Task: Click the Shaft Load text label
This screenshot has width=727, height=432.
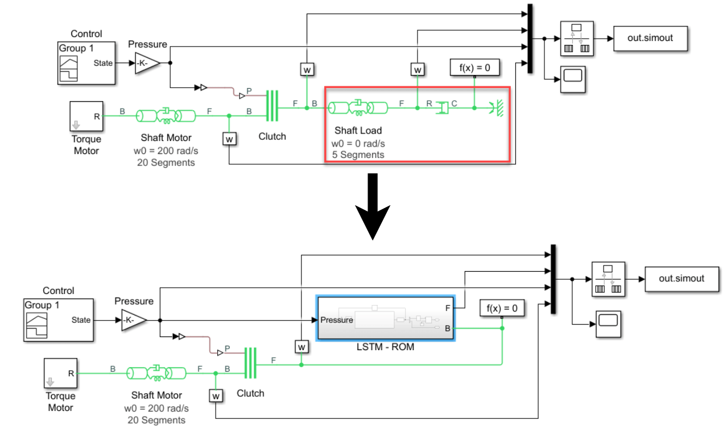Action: click(358, 131)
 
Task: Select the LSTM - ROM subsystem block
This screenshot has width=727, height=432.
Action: click(385, 318)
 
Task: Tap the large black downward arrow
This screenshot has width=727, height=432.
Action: click(373, 207)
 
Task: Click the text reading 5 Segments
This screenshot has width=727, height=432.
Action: click(358, 155)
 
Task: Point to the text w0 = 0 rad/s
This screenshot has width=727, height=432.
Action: click(358, 143)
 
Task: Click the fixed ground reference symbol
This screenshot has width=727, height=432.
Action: click(497, 107)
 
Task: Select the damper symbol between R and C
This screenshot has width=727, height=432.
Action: click(442, 107)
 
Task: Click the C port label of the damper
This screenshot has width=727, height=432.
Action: click(454, 103)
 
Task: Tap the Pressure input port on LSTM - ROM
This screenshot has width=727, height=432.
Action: click(337, 320)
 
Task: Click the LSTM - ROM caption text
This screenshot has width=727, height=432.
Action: click(385, 346)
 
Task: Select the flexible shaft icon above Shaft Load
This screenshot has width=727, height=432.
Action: click(357, 107)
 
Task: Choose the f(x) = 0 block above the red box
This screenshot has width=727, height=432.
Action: click(474, 68)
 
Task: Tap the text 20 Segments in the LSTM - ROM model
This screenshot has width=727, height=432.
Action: click(156, 420)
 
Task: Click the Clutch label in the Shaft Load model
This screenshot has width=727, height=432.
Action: click(272, 136)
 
